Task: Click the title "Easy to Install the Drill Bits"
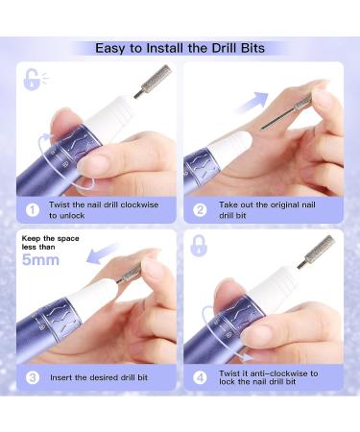click(x=180, y=48)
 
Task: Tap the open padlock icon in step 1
click(x=33, y=79)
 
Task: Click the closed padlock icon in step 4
click(x=199, y=246)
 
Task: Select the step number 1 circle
click(x=33, y=210)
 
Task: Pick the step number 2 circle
click(x=200, y=210)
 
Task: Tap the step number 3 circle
click(x=33, y=377)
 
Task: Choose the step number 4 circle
click(x=200, y=377)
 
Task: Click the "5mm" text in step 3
click(x=40, y=260)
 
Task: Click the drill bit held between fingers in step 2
click(x=286, y=112)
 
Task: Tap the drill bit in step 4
click(x=316, y=252)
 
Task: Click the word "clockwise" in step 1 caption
click(x=140, y=204)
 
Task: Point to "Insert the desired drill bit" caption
click(x=99, y=377)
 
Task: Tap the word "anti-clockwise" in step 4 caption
click(x=276, y=373)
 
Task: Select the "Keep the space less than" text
click(x=50, y=243)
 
